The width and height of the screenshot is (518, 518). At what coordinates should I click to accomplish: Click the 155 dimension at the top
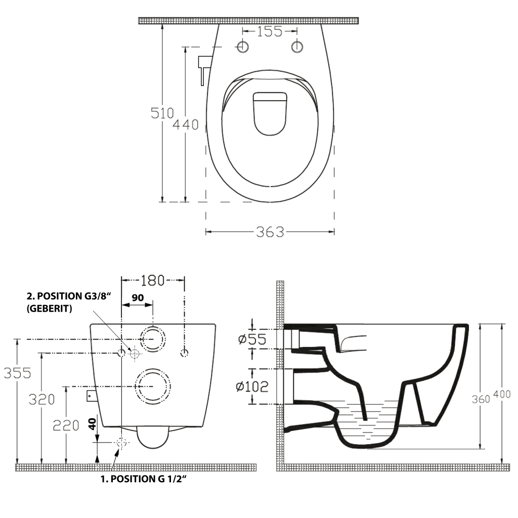(269, 31)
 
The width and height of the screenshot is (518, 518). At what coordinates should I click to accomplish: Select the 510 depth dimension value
(162, 113)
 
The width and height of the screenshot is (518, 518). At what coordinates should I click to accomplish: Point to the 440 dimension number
(185, 124)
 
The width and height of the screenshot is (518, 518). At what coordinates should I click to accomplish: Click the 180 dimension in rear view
(153, 280)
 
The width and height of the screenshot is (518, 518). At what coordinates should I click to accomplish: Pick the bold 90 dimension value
(137, 298)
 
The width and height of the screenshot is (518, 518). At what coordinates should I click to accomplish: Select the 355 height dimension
(18, 373)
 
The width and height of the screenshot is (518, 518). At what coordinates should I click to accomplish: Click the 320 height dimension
(41, 400)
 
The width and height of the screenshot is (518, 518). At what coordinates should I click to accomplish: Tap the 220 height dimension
(66, 425)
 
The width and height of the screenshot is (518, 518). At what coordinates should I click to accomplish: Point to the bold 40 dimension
(92, 424)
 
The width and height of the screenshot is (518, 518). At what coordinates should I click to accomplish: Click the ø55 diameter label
(252, 338)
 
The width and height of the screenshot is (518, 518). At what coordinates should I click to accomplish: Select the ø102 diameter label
(252, 386)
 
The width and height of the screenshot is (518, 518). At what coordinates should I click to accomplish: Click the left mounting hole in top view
(243, 47)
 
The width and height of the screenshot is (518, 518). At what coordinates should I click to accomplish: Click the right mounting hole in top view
(297, 47)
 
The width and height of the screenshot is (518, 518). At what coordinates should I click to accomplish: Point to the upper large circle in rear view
(152, 338)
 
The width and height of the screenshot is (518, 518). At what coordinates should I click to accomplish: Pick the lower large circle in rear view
(152, 386)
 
